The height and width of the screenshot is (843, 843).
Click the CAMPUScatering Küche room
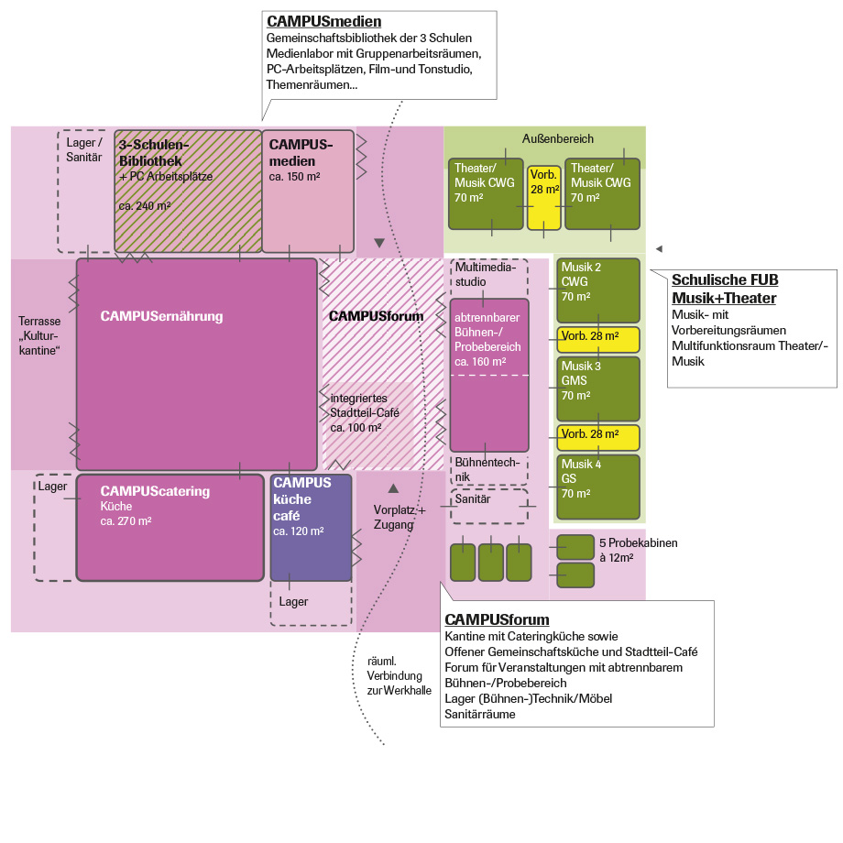[x=170, y=527]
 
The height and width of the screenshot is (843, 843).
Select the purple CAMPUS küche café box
[x=311, y=527]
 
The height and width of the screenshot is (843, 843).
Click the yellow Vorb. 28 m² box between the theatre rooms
[x=544, y=196]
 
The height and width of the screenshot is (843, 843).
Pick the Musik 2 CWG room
[x=597, y=290]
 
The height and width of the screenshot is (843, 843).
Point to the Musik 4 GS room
[x=597, y=486]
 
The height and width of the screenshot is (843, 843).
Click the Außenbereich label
[x=558, y=139]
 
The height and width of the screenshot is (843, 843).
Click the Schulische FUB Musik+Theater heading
[x=724, y=289]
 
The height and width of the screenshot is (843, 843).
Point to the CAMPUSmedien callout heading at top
[x=323, y=22]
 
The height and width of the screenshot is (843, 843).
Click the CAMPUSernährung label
[x=161, y=316]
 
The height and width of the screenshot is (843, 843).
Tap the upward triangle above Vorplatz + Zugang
[x=393, y=488]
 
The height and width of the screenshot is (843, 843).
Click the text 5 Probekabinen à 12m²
[x=638, y=550]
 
